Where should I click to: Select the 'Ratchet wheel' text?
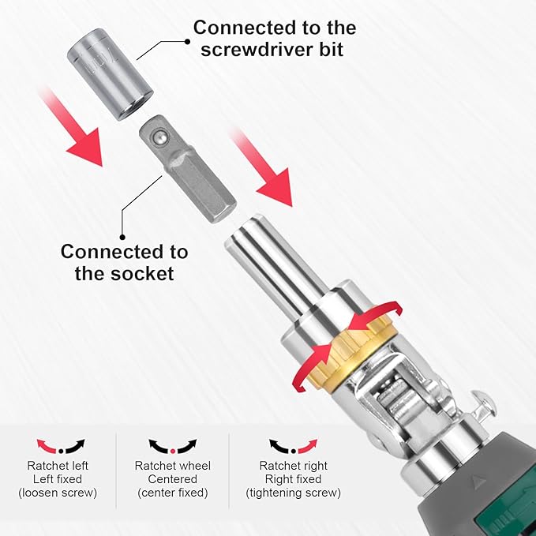click(172, 465)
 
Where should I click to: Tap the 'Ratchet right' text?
click(293, 465)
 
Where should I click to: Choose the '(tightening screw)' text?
click(293, 493)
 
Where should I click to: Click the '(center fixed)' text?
click(172, 493)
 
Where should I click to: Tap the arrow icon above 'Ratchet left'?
click(61, 446)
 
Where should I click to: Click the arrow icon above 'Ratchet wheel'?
click(172, 446)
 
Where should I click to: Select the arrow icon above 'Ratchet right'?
click(293, 446)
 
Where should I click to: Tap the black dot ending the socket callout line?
click(122, 236)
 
